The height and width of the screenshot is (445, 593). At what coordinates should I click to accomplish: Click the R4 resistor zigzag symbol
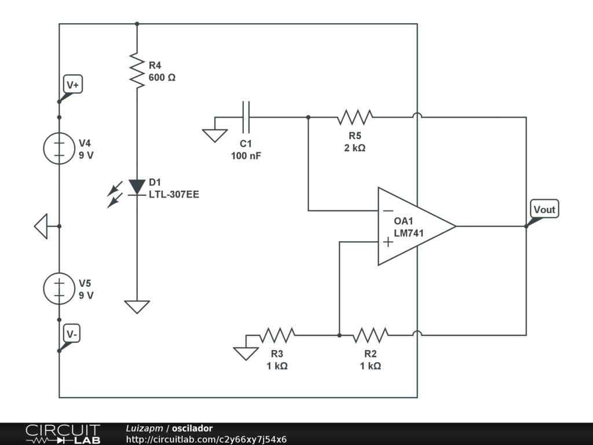click(x=137, y=71)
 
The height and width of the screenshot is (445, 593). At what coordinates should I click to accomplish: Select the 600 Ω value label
click(x=162, y=78)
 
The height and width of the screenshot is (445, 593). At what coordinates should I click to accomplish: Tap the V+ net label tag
click(x=72, y=85)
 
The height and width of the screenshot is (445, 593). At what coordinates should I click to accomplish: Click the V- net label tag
click(x=71, y=334)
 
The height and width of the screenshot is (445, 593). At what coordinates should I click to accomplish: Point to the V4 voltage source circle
click(x=59, y=148)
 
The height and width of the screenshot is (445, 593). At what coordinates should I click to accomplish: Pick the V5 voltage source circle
click(x=59, y=289)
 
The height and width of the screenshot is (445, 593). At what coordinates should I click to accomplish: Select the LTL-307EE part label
click(x=174, y=195)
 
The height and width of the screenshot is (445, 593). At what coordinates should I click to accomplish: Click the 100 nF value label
click(x=246, y=156)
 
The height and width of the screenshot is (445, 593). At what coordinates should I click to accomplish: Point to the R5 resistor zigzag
click(x=355, y=117)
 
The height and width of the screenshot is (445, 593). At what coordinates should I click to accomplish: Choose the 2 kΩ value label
click(x=355, y=148)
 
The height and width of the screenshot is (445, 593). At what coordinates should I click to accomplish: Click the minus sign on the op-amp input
click(x=388, y=211)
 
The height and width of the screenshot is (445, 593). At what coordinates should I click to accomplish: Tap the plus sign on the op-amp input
click(x=388, y=242)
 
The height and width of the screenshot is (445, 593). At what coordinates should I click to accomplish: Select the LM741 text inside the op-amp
click(x=409, y=233)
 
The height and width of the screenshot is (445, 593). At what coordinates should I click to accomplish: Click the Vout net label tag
click(x=544, y=209)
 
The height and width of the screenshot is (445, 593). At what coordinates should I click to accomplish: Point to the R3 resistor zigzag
click(x=277, y=335)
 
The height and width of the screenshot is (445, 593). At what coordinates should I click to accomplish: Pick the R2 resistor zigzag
click(x=370, y=335)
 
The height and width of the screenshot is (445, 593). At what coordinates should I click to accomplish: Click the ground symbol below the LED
click(x=137, y=307)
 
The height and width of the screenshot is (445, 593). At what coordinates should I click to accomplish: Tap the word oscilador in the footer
click(x=192, y=428)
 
